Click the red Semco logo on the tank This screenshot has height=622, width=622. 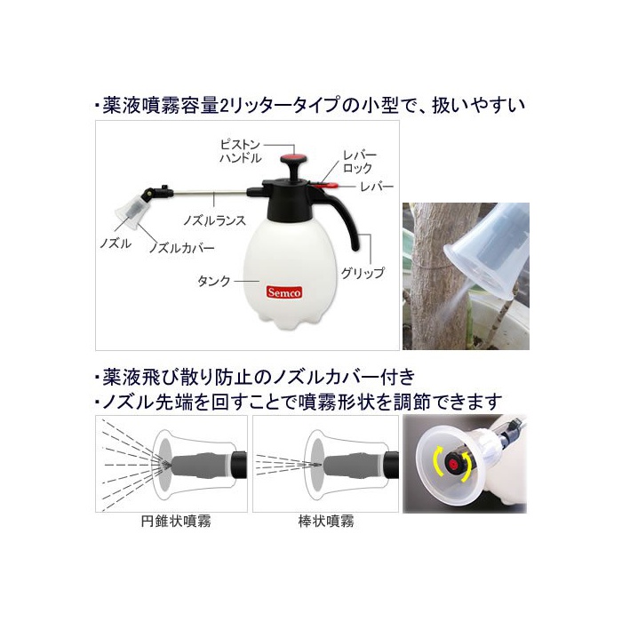(x=284, y=292)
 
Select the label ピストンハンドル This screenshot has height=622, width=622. (x=241, y=152)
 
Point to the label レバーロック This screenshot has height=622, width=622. (x=359, y=162)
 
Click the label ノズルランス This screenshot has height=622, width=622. (x=214, y=220)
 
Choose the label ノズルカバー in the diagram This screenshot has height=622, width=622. (x=181, y=248)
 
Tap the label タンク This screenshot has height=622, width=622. (x=214, y=281)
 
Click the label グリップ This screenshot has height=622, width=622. (x=363, y=273)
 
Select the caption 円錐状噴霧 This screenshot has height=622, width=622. (x=176, y=521)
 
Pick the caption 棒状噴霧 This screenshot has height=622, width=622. (x=326, y=521)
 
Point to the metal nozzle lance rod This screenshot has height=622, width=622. (x=211, y=193)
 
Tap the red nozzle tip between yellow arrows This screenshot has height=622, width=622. (x=452, y=462)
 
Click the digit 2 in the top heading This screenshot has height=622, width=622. (x=224, y=106)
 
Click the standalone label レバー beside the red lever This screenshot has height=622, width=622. (x=377, y=187)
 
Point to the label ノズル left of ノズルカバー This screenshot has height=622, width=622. (x=116, y=243)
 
